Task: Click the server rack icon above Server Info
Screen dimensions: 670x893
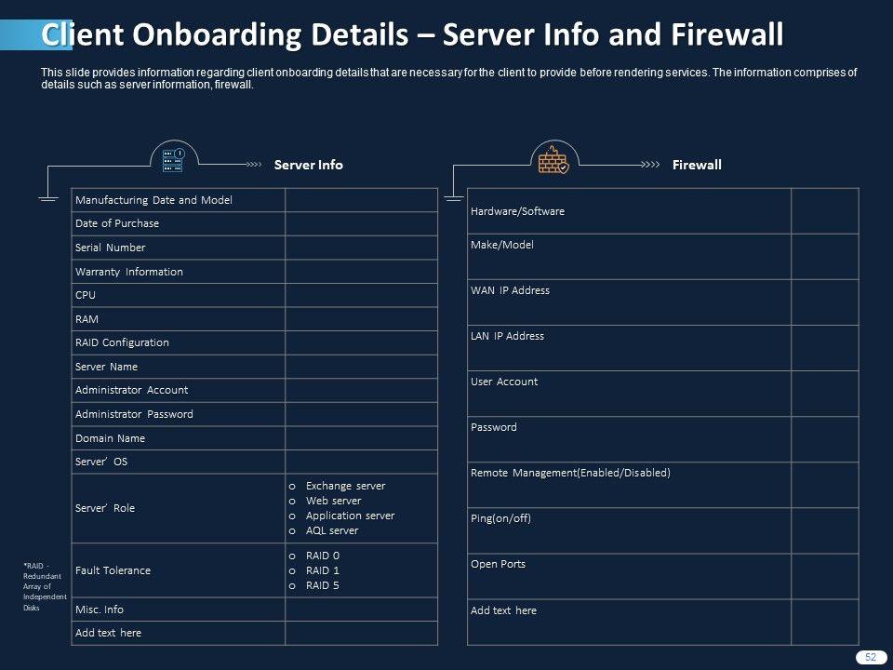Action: click(x=174, y=160)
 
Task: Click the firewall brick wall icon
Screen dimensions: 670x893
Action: click(x=553, y=160)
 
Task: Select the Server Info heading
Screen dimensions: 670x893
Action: click(x=308, y=165)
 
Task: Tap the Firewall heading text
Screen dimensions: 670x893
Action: click(x=697, y=165)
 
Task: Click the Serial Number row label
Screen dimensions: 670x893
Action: click(x=110, y=248)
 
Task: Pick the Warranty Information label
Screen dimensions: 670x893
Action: click(x=128, y=272)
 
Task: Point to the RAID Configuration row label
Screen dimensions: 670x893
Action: click(x=122, y=342)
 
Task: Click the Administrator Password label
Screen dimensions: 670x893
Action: click(x=134, y=414)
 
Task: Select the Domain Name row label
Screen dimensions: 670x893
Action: click(x=110, y=438)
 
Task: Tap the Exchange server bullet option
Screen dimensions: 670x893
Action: click(x=344, y=486)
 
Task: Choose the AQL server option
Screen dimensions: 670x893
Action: click(x=331, y=530)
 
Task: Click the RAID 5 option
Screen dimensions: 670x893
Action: click(x=322, y=585)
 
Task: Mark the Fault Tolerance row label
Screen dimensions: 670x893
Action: click(x=113, y=570)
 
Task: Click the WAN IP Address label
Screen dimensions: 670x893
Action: click(x=510, y=290)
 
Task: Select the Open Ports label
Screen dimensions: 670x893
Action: click(x=498, y=564)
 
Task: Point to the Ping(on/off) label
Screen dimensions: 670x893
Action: click(x=500, y=518)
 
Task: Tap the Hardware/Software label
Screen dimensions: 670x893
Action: click(x=517, y=211)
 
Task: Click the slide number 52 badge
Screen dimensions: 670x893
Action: click(x=871, y=657)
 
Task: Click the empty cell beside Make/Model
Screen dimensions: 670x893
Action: click(x=825, y=256)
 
